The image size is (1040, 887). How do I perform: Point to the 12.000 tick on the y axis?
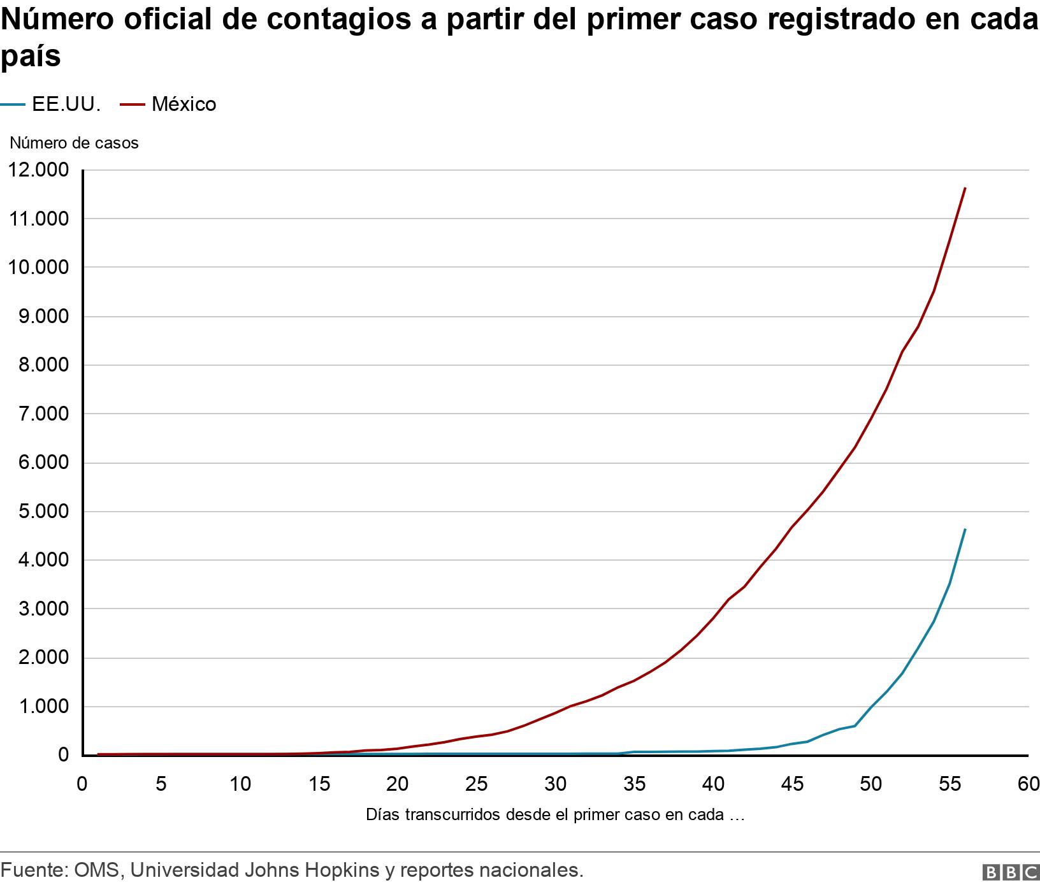coord(38,170)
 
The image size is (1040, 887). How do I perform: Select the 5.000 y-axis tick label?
coord(38,512)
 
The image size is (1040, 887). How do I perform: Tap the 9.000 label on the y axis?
coord(38,317)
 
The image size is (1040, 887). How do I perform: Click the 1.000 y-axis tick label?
coord(38,707)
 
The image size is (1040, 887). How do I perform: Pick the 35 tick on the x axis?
coord(634,784)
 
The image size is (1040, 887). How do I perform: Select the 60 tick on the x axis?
coord(1028,784)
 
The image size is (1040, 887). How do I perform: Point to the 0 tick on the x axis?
coord(82,784)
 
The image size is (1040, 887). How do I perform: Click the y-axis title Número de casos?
coord(74,143)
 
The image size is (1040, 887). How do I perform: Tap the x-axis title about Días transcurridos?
coord(555,814)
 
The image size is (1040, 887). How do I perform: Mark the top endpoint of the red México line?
coord(965,188)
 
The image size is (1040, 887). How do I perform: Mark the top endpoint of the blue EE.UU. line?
coord(965,529)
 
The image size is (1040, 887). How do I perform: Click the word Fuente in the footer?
coord(32,870)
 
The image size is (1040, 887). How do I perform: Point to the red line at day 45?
coord(792,526)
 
